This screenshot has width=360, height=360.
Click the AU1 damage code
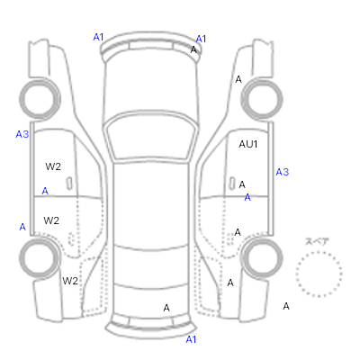(248, 144)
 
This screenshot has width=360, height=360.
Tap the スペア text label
(317, 241)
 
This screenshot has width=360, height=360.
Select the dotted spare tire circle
(319, 274)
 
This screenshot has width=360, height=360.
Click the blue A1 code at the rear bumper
(191, 339)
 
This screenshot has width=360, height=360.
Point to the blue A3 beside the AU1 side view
(283, 172)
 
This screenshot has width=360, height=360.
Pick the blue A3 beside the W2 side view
(22, 134)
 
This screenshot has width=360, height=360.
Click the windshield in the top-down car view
(152, 136)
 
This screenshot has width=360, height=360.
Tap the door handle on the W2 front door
(69, 184)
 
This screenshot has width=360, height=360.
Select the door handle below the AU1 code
(232, 184)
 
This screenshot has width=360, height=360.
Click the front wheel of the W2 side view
(40, 99)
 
